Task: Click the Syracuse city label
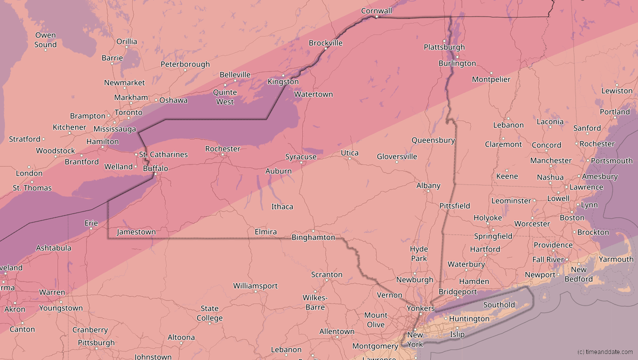point(301,156)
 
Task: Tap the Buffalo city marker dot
point(155,174)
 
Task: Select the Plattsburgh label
point(444,47)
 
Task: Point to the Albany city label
point(428,185)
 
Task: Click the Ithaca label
point(282,206)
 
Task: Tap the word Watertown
point(313,94)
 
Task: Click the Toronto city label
point(129,112)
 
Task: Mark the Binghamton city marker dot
point(313,230)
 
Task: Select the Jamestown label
point(136,232)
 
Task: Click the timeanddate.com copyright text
point(604,352)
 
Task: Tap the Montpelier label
point(491,79)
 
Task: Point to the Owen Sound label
point(46,40)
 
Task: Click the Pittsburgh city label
point(96,343)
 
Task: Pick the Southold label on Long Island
point(499,304)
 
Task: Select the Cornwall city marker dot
point(376,17)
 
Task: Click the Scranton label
point(327,274)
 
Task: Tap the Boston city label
point(572,217)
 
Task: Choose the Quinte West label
point(225,97)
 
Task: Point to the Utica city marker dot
point(349,159)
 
